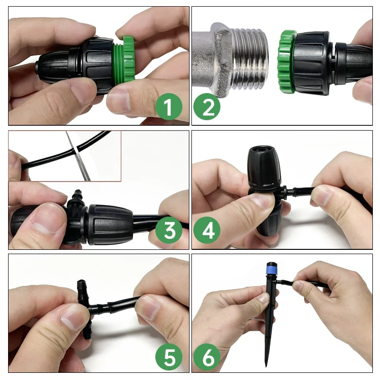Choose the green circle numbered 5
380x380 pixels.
pyautogui.click(x=169, y=358)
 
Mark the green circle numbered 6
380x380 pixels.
pyautogui.click(x=207, y=358)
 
